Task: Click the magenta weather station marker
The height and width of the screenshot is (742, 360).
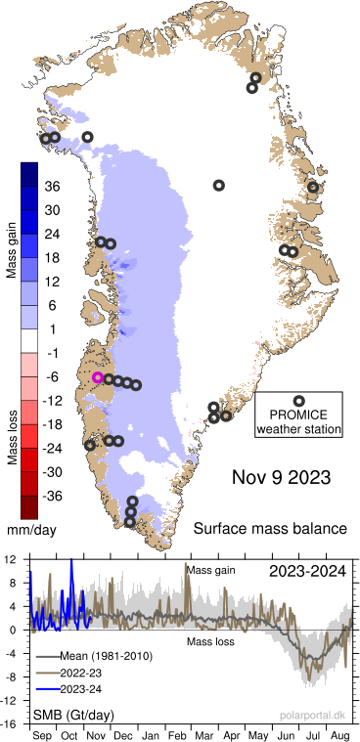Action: (x=98, y=377)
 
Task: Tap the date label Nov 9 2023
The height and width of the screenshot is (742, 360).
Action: (x=281, y=478)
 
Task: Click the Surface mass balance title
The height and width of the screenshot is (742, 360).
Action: (x=270, y=529)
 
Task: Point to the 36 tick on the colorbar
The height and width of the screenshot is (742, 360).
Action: (x=53, y=187)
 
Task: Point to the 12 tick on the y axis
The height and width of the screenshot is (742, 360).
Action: (x=10, y=559)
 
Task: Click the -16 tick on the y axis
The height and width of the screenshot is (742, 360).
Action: (x=9, y=723)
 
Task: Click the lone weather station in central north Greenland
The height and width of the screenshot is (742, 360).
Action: (x=219, y=185)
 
